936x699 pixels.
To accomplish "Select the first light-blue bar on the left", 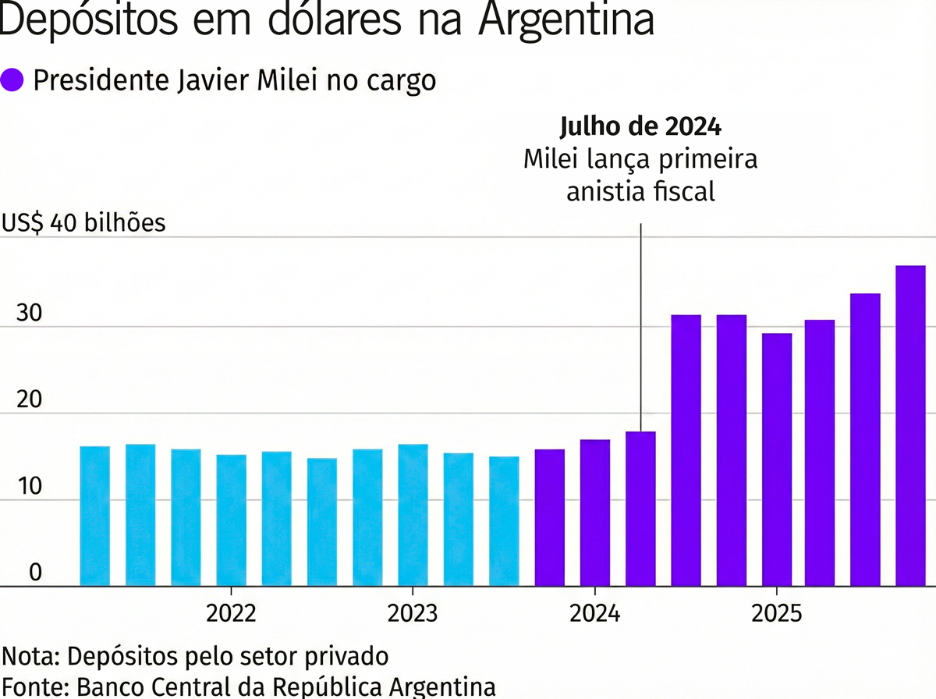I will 94,516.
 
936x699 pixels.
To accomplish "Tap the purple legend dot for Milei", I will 14,80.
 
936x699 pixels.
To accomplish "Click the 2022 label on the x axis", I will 231,613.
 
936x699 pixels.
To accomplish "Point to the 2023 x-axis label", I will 412,613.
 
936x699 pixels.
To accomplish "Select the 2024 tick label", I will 595,613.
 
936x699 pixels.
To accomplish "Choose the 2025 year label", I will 776,613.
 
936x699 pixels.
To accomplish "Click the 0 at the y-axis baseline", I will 35,573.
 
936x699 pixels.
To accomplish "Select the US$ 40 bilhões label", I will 84,223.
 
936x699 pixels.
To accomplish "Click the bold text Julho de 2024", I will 640,127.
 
